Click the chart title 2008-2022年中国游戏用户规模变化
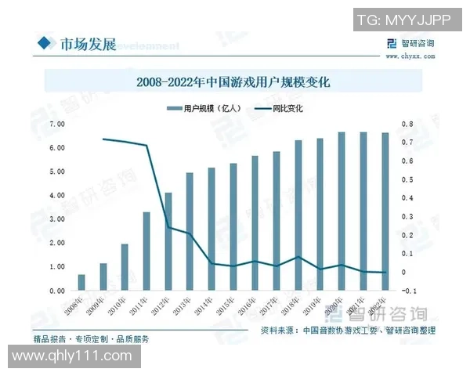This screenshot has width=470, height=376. pyautogui.click(x=234, y=81)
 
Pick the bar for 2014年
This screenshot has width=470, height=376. pyautogui.click(x=211, y=229)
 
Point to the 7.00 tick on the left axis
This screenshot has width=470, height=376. pyautogui.click(x=56, y=124)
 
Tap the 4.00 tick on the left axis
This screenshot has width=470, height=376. pyautogui.click(x=56, y=195)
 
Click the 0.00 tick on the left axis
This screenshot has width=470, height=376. pyautogui.click(x=56, y=291)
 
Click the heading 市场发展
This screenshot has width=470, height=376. pyautogui.click(x=88, y=44)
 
